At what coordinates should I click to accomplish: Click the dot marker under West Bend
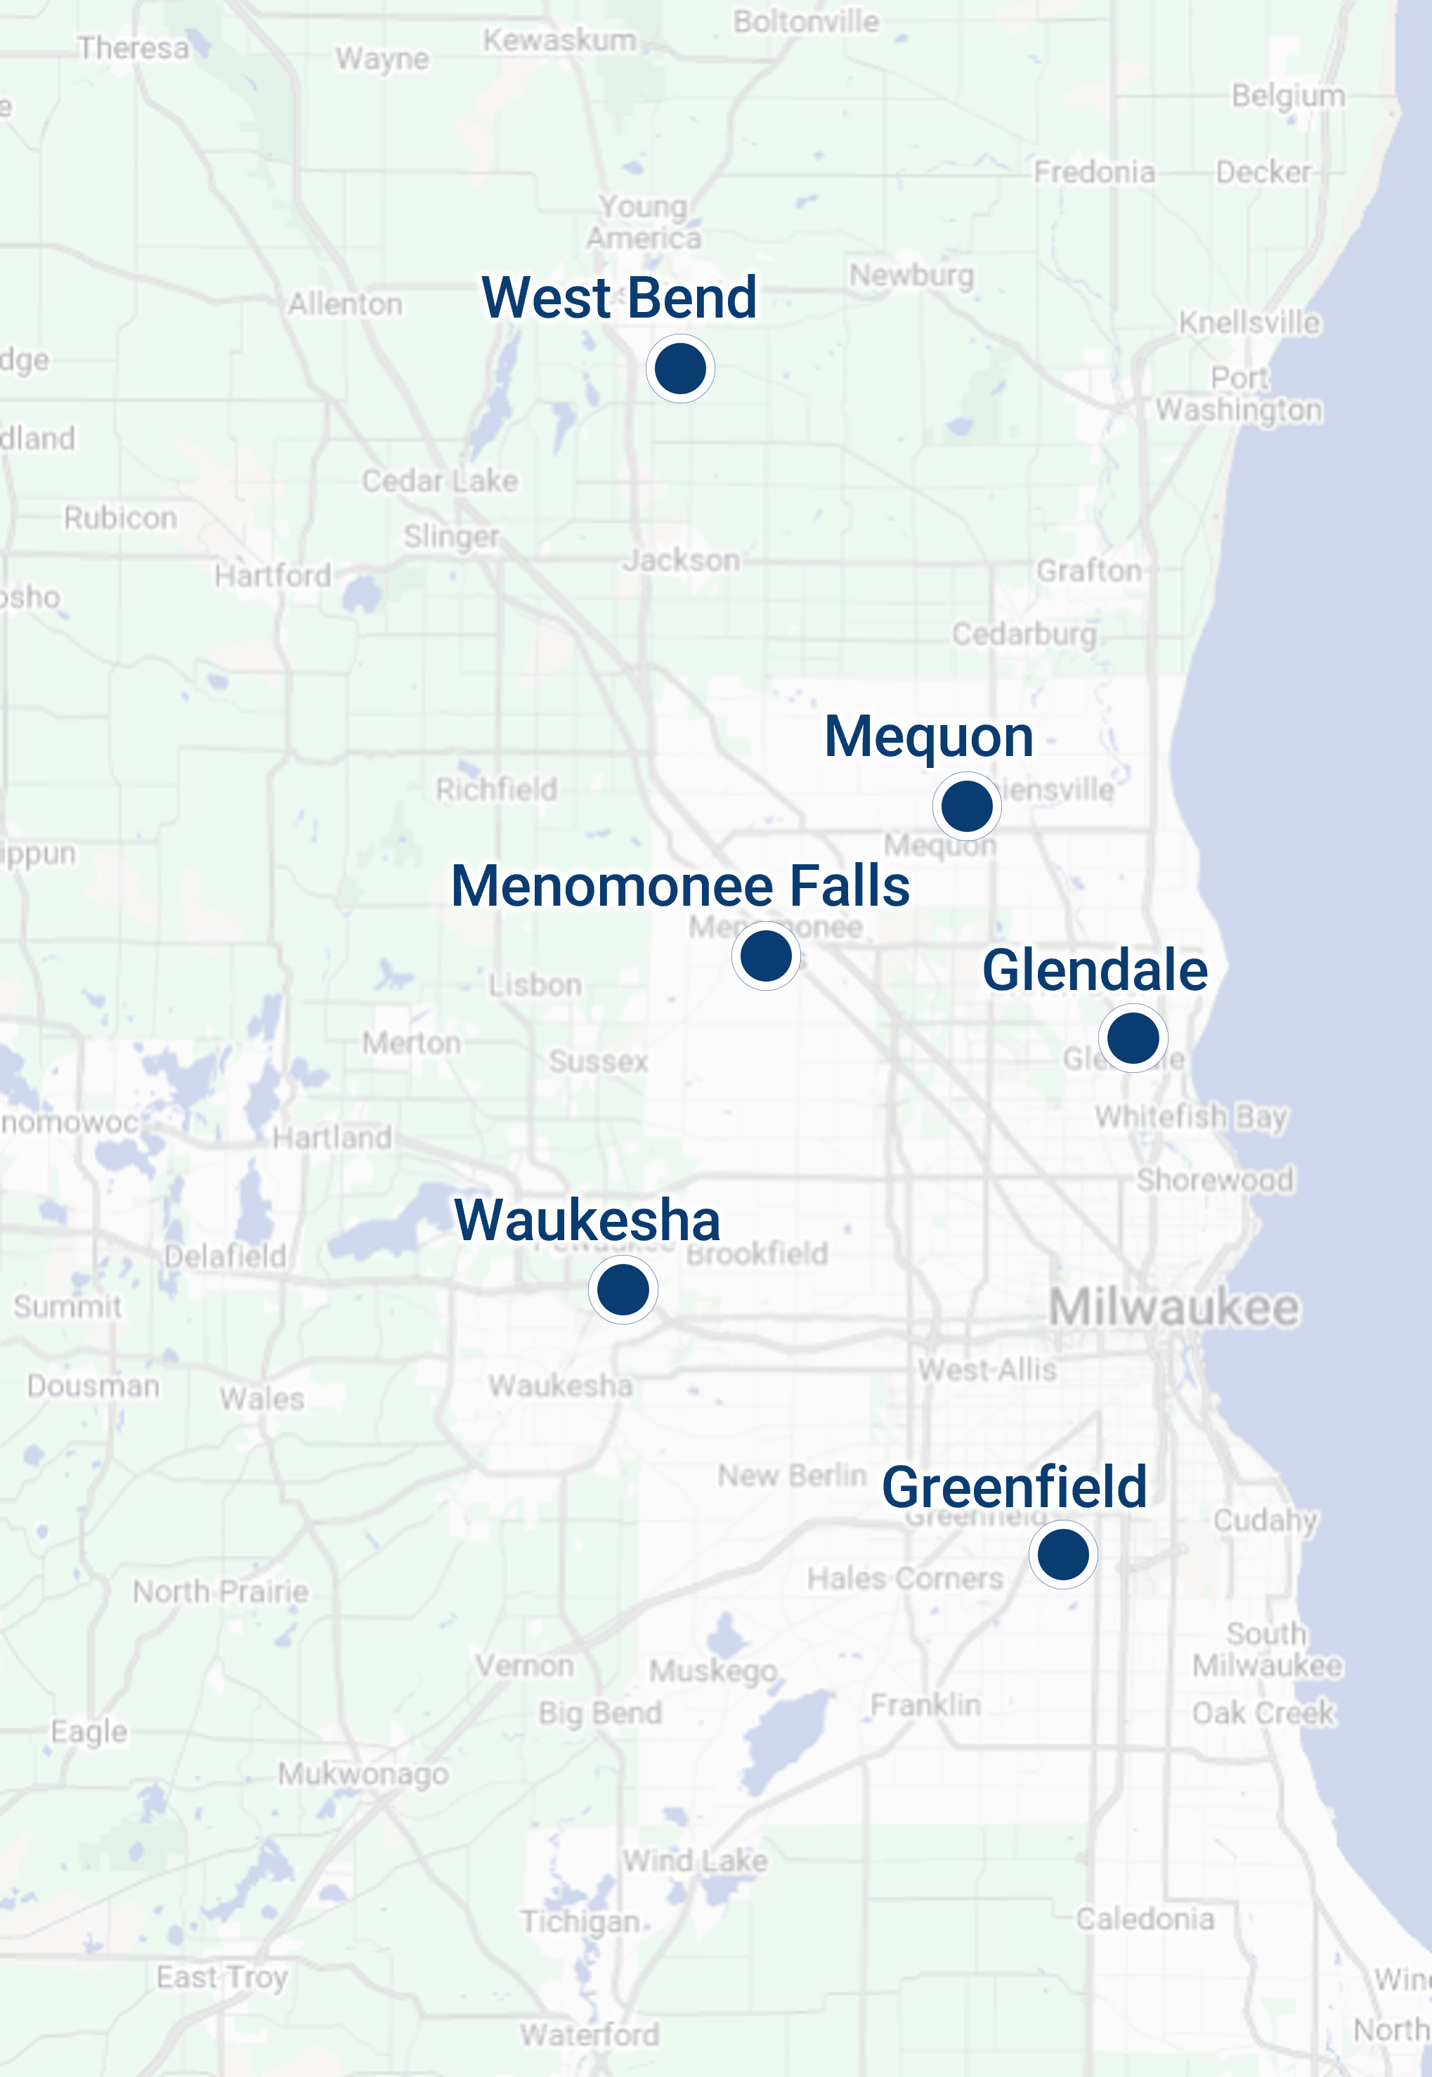pos(680,369)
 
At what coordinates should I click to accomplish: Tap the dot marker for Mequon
pos(966,806)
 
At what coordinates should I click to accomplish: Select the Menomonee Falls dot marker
pos(765,956)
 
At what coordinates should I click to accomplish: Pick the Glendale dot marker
pos(1133,1038)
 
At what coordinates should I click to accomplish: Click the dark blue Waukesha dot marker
pos(623,1289)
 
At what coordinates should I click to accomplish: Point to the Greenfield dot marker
pos(1063,1554)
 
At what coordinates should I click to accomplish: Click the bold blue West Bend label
pos(619,297)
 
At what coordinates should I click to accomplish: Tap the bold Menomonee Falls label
pos(680,885)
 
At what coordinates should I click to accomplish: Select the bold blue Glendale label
pos(1095,970)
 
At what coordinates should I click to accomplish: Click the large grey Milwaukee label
pos(1173,1307)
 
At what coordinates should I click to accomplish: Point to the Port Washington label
pos(1238,394)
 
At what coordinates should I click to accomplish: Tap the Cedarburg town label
pos(1024,634)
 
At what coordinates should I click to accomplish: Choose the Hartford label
pos(273,575)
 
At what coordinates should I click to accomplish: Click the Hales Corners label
pos(904,1578)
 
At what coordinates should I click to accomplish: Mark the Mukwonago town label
pos(363,1773)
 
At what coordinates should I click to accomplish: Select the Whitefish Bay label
pos(1191,1117)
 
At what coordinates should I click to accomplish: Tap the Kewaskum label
pos(560,40)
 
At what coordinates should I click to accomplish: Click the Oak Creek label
pos(1263,1713)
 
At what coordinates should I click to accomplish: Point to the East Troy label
pos(221,1977)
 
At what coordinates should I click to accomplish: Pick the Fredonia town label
pos(1094,171)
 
